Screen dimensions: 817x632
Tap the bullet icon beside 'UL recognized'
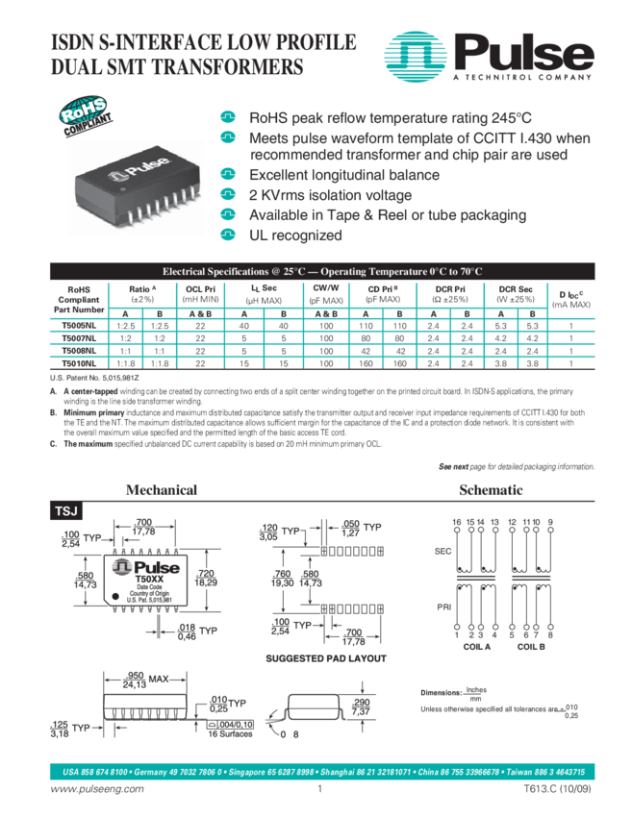[228, 235]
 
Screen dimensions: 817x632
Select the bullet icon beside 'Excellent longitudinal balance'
[228, 175]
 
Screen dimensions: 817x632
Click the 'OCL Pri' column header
[200, 293]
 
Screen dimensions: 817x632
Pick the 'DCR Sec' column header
[516, 293]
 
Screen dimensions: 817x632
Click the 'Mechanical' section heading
[161, 490]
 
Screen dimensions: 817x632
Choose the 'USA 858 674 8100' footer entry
[95, 771]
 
